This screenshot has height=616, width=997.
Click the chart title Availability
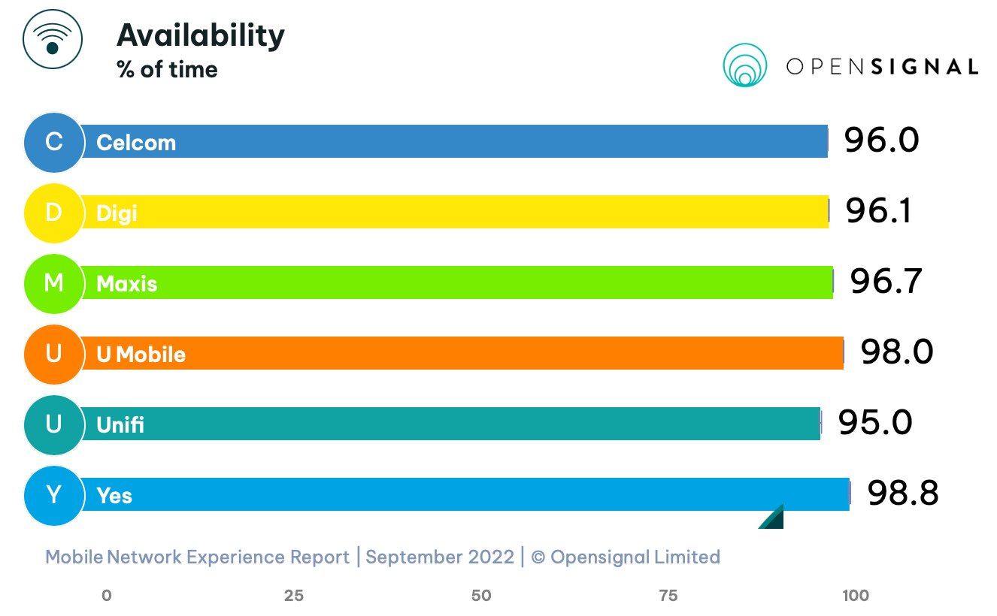click(x=201, y=35)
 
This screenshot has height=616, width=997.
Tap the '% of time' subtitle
click(x=167, y=70)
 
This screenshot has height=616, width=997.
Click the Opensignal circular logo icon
click(x=744, y=65)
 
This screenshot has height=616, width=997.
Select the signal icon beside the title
click(x=52, y=39)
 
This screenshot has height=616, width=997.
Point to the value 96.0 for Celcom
click(x=880, y=140)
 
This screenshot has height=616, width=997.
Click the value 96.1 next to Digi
click(x=878, y=211)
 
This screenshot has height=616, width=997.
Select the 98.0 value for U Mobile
click(x=897, y=352)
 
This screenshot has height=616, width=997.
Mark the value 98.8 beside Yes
click(x=902, y=494)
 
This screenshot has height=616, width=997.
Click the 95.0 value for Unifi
click(x=875, y=422)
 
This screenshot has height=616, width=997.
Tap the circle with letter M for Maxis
click(x=53, y=283)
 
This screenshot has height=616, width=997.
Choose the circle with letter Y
click(x=53, y=495)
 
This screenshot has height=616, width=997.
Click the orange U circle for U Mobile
click(x=53, y=353)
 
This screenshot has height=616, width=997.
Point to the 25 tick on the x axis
click(x=293, y=596)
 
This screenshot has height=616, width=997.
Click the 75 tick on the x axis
click(x=668, y=596)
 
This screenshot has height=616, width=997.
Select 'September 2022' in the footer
click(x=440, y=557)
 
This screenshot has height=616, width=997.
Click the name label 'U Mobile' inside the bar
click(x=141, y=354)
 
